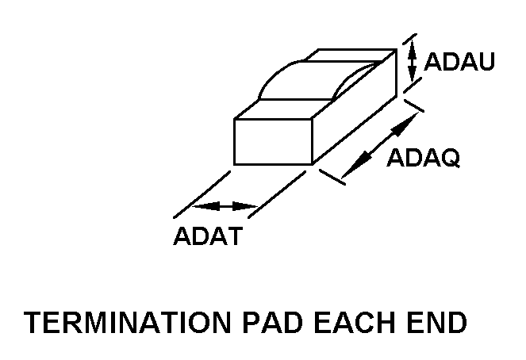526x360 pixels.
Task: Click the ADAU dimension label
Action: coord(461,62)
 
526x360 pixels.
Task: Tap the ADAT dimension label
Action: coord(207,236)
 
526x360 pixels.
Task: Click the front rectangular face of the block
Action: coord(273,142)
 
